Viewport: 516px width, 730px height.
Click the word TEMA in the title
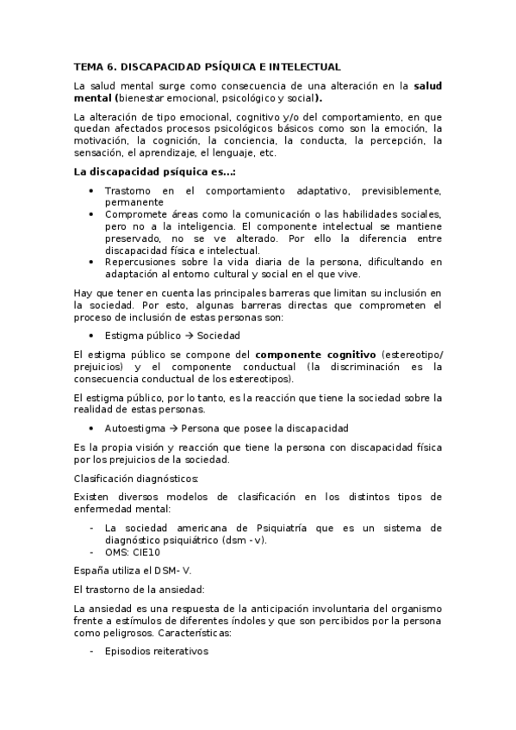(88, 66)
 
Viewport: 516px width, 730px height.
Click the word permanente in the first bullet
(134, 201)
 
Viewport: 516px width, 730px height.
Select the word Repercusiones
(143, 262)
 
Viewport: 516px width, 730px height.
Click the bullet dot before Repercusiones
(93, 262)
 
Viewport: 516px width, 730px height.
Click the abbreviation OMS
(115, 553)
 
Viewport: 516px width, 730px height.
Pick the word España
(94, 571)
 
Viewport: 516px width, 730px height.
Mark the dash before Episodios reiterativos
(93, 652)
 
